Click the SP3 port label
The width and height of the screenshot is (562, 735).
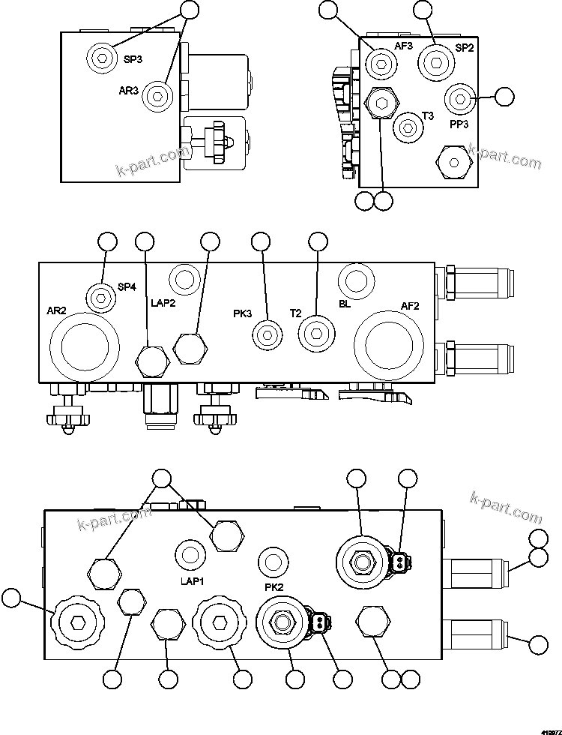point(133,59)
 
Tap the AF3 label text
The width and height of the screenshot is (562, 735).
point(404,46)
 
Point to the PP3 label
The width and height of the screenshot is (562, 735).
point(459,124)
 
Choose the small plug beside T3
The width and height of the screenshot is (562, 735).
point(408,127)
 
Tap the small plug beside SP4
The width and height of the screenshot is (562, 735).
point(100,297)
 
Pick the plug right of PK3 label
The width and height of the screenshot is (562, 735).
point(267,334)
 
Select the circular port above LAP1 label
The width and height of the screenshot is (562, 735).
point(190,555)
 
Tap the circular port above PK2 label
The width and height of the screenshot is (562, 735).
point(273,561)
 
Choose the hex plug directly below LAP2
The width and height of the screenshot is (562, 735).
point(151,360)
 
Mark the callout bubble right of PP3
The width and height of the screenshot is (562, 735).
point(505,96)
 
